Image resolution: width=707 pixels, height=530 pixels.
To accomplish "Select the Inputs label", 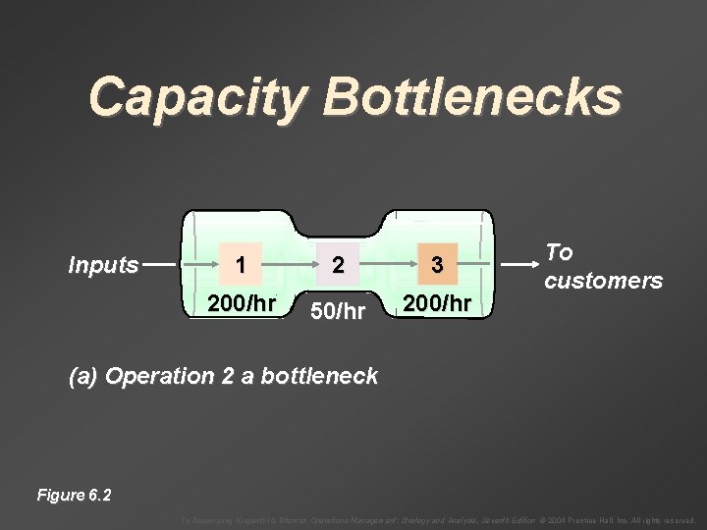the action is click(103, 265).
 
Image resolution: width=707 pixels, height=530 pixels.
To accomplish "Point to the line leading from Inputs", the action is click(161, 264).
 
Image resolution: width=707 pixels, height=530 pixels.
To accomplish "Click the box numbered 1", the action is click(241, 265).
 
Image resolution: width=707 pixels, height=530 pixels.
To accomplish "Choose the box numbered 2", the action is click(338, 265).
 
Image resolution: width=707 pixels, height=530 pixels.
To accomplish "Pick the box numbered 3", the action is click(437, 265).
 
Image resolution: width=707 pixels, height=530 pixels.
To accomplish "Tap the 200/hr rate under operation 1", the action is click(242, 303).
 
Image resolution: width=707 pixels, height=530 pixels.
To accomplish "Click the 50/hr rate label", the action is click(337, 312).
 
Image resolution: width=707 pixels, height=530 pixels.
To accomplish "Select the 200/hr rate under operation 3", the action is click(437, 303).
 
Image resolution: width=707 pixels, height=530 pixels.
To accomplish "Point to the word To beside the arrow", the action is click(559, 252).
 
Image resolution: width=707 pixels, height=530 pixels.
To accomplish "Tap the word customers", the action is click(604, 281).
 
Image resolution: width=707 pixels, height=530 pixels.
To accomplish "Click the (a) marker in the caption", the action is click(82, 376).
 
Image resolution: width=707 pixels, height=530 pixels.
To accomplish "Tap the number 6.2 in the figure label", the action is click(99, 495).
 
